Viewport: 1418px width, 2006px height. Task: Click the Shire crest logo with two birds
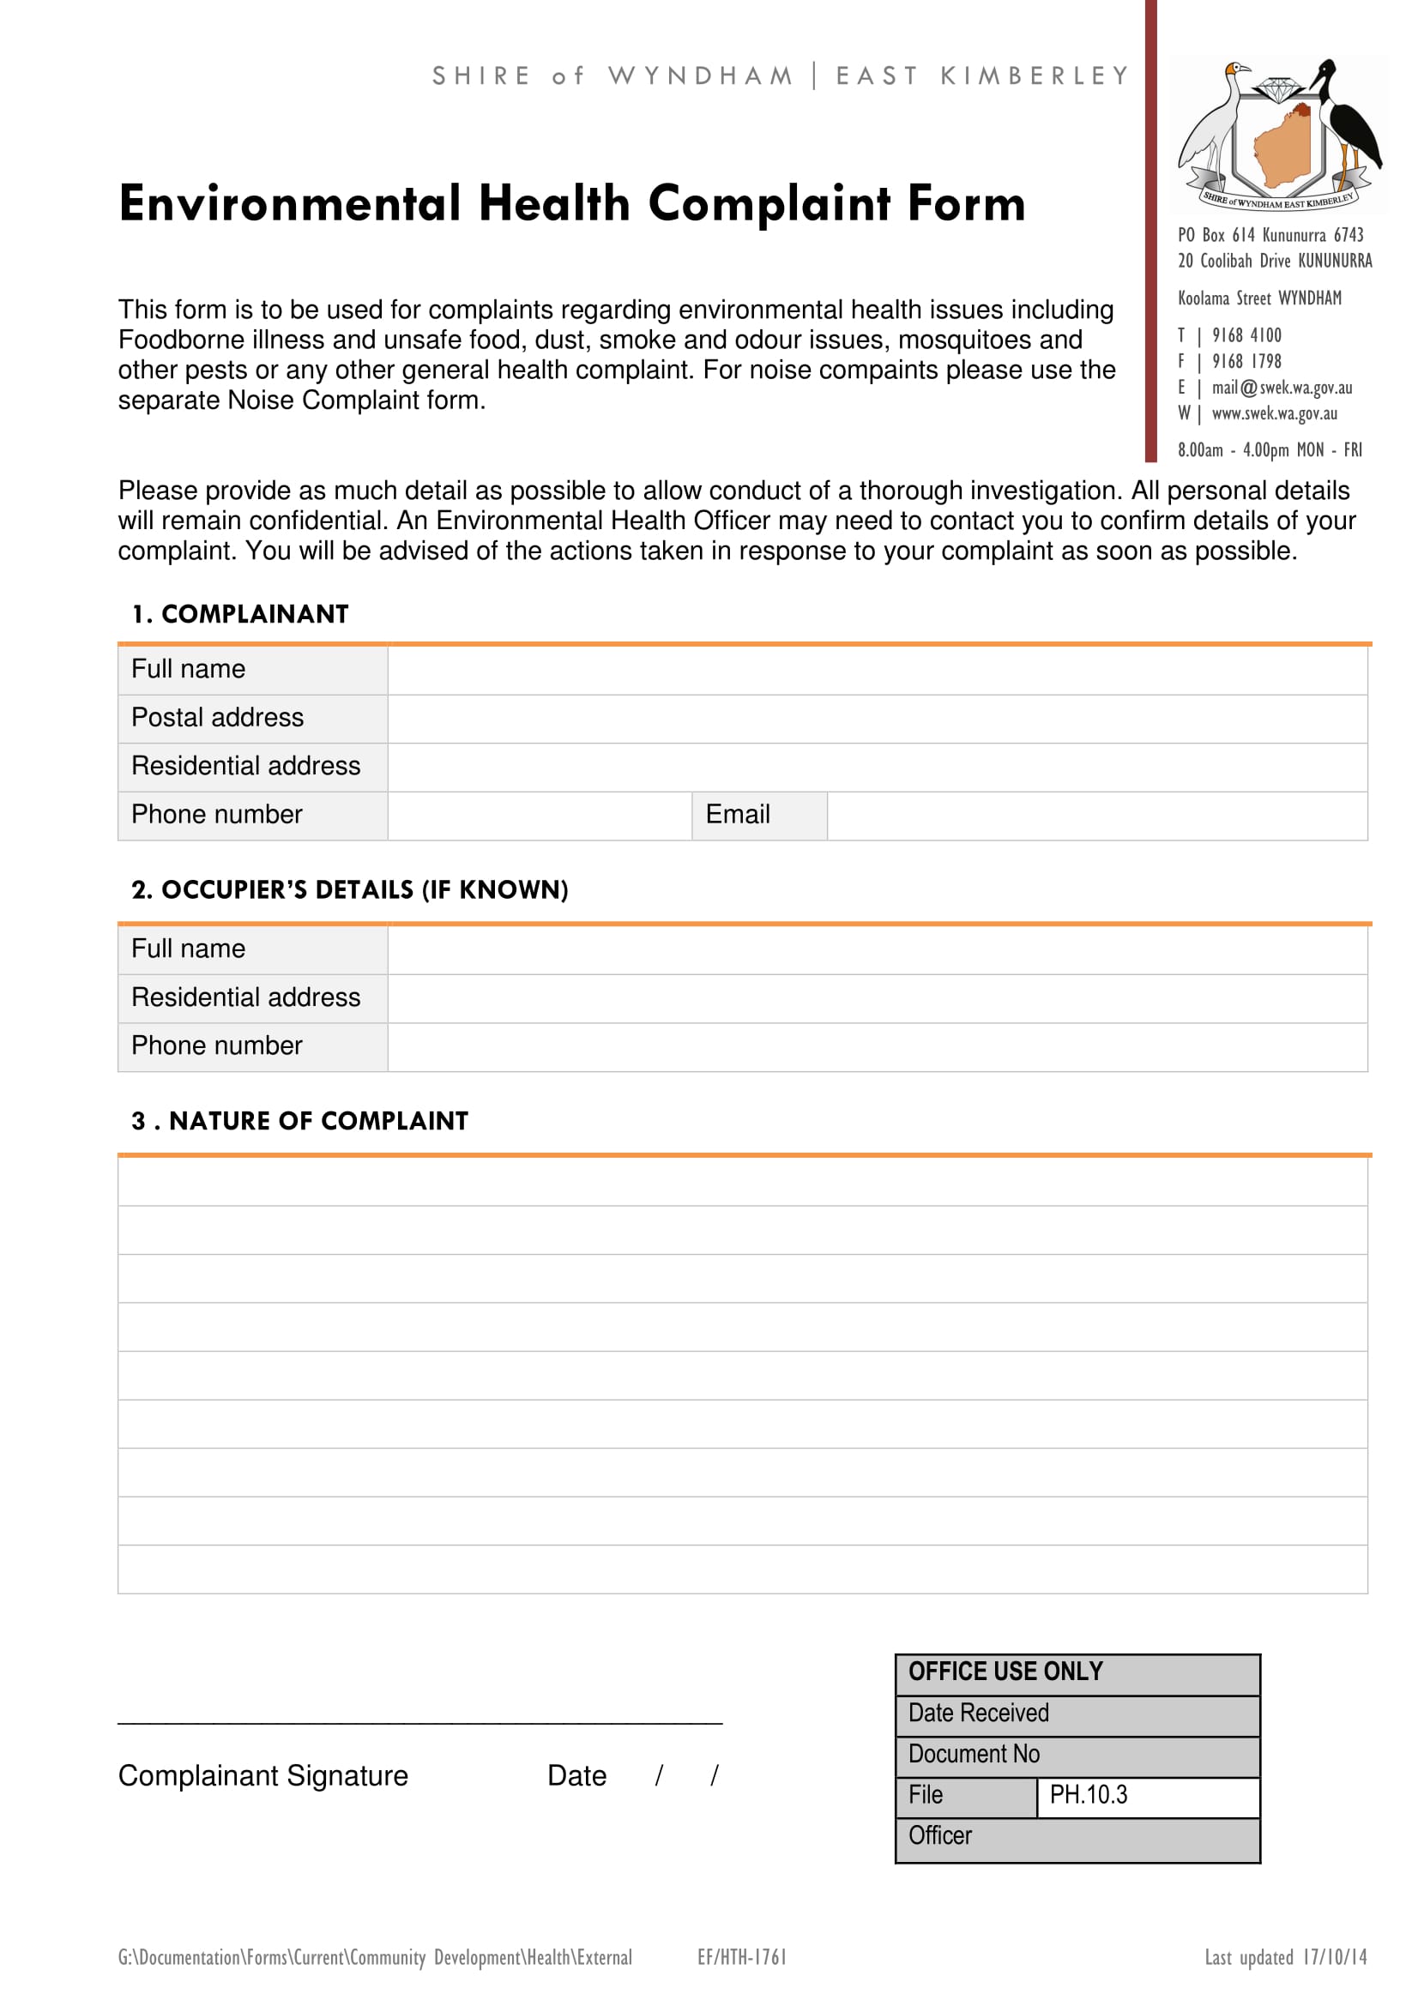pyautogui.click(x=1278, y=136)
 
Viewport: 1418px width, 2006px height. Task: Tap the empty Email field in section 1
pyautogui.click(x=1096, y=815)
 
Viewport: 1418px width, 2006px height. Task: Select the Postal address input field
pyautogui.click(x=878, y=718)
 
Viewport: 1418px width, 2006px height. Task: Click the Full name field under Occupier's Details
pyautogui.click(x=878, y=949)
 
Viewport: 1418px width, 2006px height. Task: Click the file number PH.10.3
pyautogui.click(x=1088, y=1794)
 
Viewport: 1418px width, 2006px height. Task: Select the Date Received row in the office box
pyautogui.click(x=1077, y=1714)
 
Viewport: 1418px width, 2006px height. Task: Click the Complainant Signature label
pyautogui.click(x=263, y=1776)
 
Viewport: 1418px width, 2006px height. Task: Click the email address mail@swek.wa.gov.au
pyautogui.click(x=1281, y=388)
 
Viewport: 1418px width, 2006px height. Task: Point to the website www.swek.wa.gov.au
pyautogui.click(x=1274, y=413)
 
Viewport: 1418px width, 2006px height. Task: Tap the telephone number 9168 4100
pyautogui.click(x=1246, y=335)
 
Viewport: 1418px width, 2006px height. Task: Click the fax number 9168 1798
pyautogui.click(x=1246, y=362)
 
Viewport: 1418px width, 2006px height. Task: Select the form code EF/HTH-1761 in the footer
pyautogui.click(x=742, y=1957)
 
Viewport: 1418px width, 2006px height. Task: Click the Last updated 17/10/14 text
pyautogui.click(x=1285, y=1957)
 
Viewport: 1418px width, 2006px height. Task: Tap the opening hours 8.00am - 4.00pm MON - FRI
pyautogui.click(x=1269, y=450)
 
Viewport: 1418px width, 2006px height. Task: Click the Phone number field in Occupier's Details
pyautogui.click(x=878, y=1046)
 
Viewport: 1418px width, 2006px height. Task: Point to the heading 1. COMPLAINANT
pyautogui.click(x=240, y=614)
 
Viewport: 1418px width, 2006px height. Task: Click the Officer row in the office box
pyautogui.click(x=1077, y=1835)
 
